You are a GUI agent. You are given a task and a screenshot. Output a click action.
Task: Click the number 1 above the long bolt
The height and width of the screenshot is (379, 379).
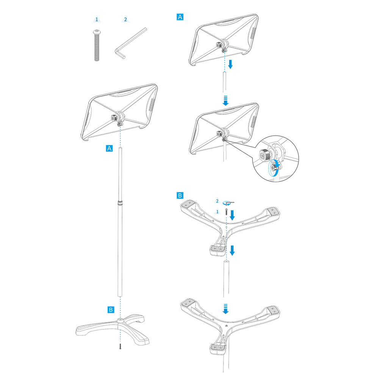97,19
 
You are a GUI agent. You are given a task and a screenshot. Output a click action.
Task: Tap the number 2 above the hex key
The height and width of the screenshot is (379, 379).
125,19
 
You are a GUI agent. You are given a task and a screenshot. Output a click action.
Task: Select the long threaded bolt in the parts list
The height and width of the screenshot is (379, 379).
97,45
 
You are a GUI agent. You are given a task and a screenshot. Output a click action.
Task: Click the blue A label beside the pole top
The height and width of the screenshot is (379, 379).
109,149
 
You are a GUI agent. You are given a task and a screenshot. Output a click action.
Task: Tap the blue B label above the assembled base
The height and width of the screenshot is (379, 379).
111,310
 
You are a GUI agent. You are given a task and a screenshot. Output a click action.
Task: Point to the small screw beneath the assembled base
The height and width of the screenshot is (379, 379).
120,347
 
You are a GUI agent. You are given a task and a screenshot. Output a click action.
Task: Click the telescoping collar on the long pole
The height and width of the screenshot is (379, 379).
120,202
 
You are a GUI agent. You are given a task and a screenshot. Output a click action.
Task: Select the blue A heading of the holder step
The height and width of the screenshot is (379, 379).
180,17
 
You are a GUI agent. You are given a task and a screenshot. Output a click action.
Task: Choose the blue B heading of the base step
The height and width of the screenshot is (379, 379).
180,195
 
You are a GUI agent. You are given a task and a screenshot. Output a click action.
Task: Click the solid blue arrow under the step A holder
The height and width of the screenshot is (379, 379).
230,64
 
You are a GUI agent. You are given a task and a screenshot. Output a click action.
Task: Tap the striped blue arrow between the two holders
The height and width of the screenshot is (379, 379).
226,100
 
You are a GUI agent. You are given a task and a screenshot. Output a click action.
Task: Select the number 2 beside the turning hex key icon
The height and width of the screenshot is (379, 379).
217,201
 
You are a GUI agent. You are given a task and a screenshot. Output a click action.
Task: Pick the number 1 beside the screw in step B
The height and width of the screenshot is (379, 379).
217,212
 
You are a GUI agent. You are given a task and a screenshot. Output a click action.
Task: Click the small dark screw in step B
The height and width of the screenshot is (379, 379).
227,212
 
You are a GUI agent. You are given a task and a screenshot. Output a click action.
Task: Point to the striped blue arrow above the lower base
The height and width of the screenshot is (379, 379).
226,309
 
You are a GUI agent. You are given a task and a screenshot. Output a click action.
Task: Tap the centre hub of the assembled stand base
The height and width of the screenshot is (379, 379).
120,321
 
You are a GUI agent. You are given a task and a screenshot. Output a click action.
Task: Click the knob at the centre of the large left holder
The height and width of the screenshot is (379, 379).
114,118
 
